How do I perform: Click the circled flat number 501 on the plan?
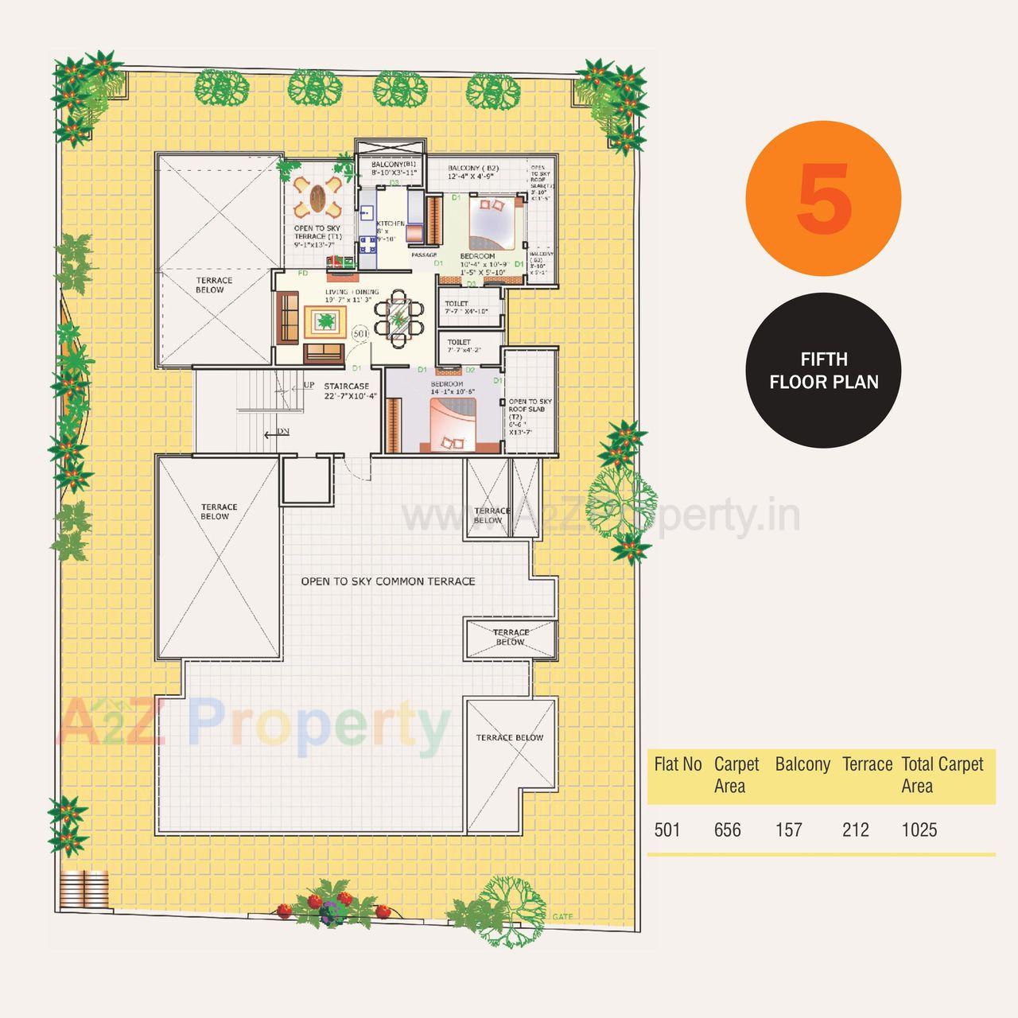click(360, 335)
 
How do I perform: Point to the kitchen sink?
click(367, 213)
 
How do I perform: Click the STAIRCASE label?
click(347, 387)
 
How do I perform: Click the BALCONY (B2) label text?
click(472, 169)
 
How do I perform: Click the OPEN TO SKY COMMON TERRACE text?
click(388, 581)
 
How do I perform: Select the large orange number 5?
click(825, 199)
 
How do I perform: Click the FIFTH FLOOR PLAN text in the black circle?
click(824, 371)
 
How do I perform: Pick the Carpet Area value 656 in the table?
click(728, 830)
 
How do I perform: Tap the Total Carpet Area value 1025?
click(919, 830)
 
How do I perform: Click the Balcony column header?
click(802, 764)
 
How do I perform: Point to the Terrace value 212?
click(856, 830)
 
